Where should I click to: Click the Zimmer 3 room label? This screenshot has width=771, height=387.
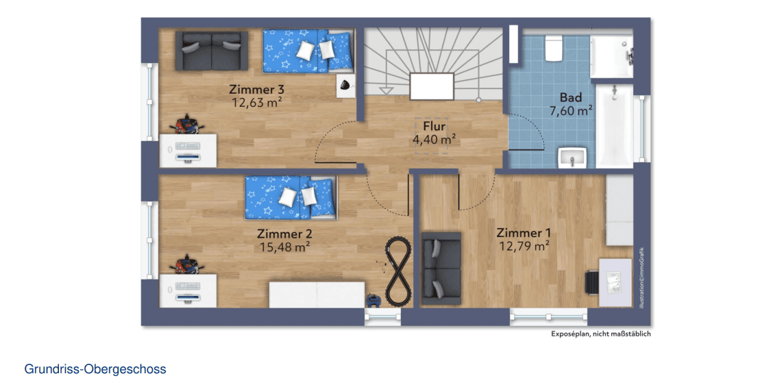pyautogui.click(x=256, y=90)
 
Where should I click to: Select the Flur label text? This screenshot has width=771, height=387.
pyautogui.click(x=434, y=127)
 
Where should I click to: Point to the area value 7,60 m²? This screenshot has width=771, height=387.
pyautogui.click(x=570, y=110)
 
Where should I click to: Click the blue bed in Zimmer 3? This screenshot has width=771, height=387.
pyautogui.click(x=308, y=51)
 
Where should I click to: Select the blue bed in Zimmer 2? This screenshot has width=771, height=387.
pyautogui.click(x=291, y=197)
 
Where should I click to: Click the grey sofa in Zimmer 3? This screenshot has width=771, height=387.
pyautogui.click(x=212, y=50)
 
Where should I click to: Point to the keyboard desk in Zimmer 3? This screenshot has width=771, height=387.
pyautogui.click(x=188, y=151)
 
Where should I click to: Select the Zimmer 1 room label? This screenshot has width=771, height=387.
pyautogui.click(x=524, y=233)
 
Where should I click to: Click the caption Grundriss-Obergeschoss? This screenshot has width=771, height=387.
pyautogui.click(x=95, y=369)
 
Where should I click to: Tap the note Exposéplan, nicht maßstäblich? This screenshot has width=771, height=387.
pyautogui.click(x=600, y=334)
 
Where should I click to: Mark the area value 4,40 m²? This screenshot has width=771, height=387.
pyautogui.click(x=434, y=139)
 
